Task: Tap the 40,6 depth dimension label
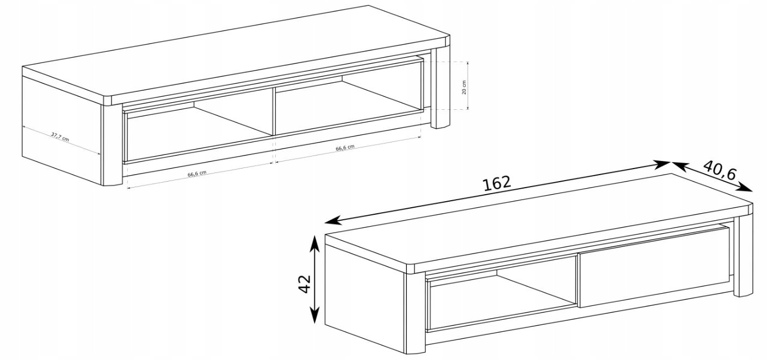(x=719, y=170)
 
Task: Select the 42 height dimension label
(x=305, y=284)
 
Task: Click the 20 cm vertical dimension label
(x=464, y=87)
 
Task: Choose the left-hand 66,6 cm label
(x=197, y=173)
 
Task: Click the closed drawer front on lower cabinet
(x=654, y=267)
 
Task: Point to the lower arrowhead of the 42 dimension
(x=314, y=316)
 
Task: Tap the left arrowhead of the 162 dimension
(x=332, y=221)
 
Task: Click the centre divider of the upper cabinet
(x=274, y=111)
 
